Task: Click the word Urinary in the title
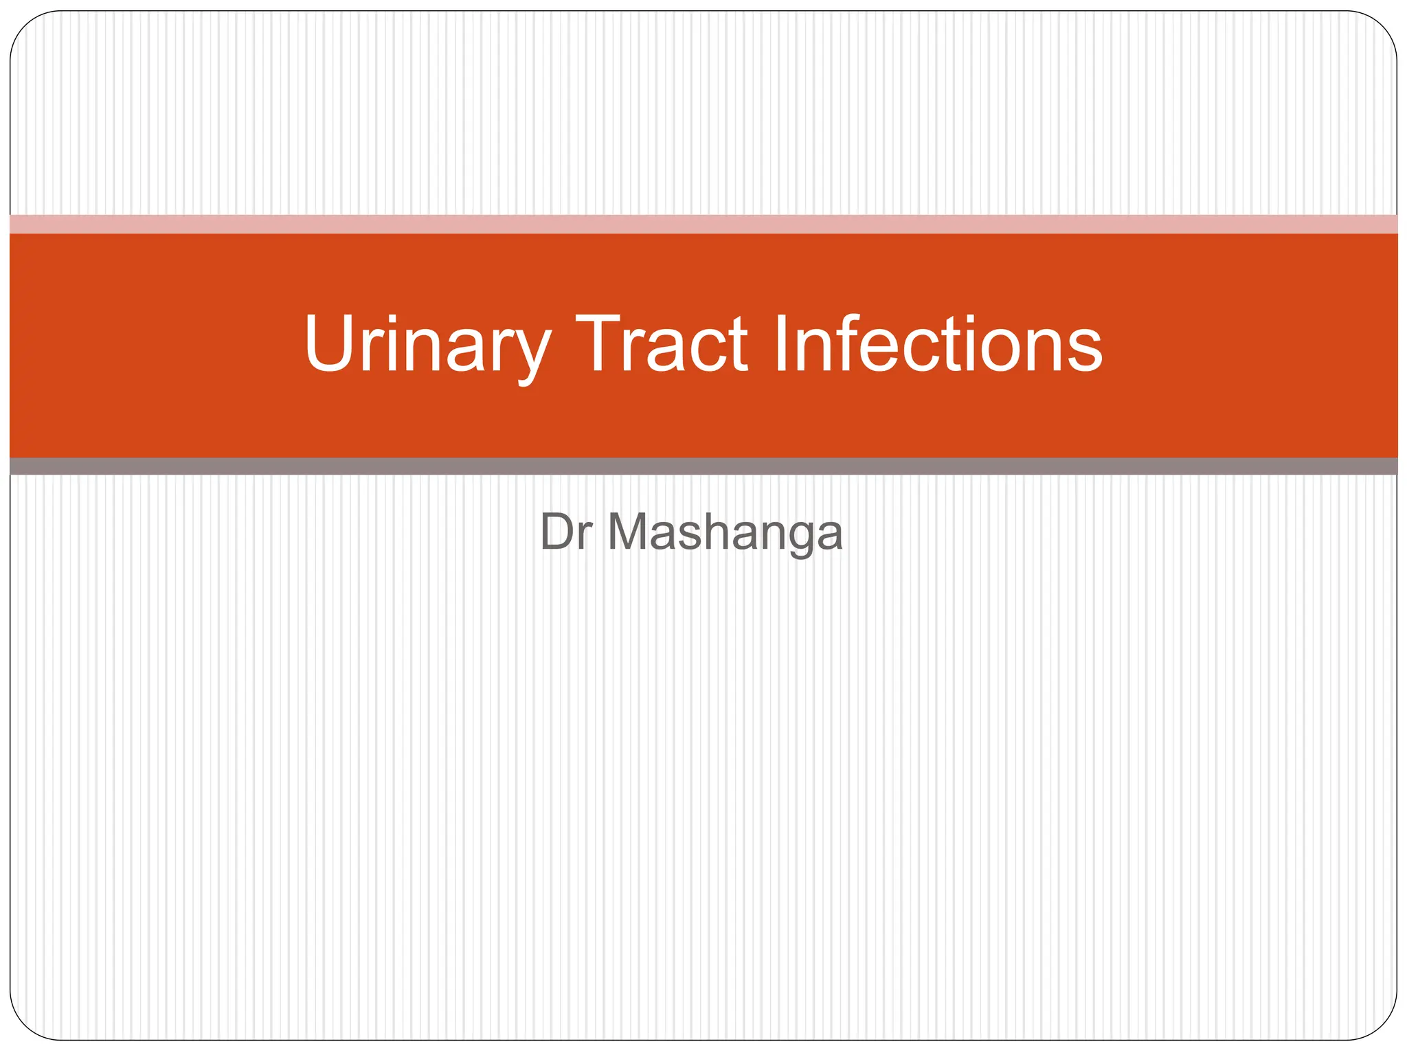pos(426,343)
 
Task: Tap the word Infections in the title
pos(938,343)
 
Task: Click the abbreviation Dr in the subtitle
pos(566,532)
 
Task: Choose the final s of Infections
pos(1084,350)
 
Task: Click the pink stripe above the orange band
pos(703,225)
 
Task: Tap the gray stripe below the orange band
pos(703,466)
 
